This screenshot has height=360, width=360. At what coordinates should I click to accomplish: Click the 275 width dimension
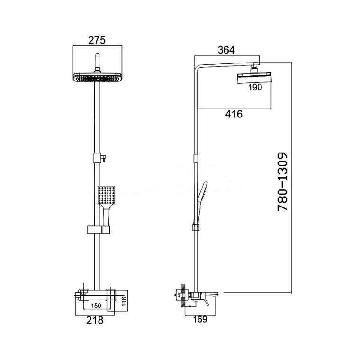tap(97, 40)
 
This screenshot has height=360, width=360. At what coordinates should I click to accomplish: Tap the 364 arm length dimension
tap(226, 50)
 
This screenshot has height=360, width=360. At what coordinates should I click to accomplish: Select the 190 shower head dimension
tap(255, 87)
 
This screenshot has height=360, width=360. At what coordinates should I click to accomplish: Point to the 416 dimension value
tap(234, 114)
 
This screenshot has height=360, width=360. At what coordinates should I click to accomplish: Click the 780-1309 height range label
tap(282, 181)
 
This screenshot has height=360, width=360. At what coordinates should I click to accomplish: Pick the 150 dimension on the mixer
tap(96, 306)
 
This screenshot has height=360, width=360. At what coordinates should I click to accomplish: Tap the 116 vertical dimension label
tap(124, 301)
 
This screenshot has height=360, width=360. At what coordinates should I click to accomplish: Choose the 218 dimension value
tap(95, 320)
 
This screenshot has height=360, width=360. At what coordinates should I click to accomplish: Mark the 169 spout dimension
tap(200, 319)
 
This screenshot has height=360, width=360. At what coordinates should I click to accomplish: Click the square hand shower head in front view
tap(107, 195)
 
